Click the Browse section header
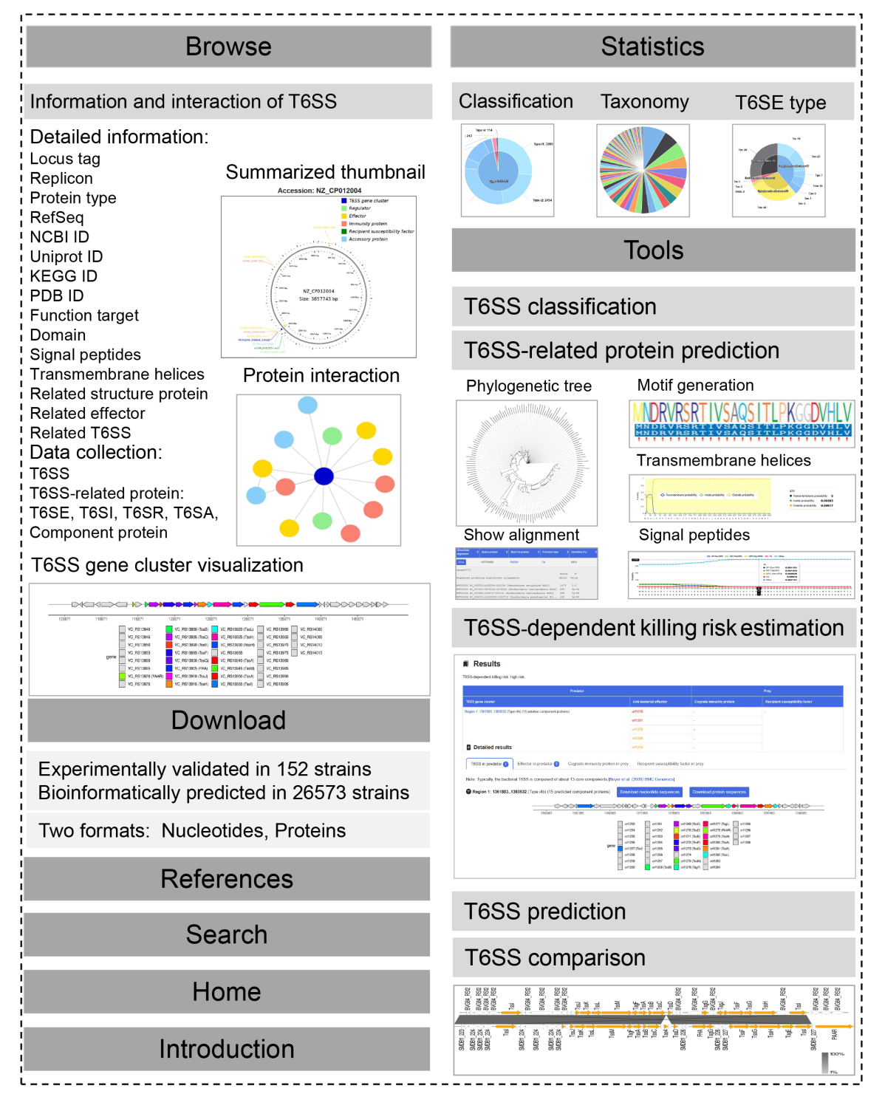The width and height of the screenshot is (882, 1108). tap(228, 47)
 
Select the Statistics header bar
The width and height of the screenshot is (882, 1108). tap(652, 47)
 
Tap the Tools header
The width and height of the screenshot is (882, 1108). tap(653, 250)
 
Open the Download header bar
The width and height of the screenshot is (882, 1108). tap(228, 720)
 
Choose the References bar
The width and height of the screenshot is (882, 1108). tap(227, 879)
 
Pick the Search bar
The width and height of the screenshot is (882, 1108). tap(227, 934)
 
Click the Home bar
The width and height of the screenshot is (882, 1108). tap(227, 991)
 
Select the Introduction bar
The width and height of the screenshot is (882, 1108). tap(227, 1049)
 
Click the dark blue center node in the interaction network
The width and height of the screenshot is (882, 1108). tap(324, 476)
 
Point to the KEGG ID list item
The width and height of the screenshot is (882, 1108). tap(64, 276)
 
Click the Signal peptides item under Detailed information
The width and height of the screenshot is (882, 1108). tap(85, 355)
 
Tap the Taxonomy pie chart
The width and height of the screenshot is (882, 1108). tap(643, 171)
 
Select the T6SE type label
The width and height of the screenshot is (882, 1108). tap(780, 103)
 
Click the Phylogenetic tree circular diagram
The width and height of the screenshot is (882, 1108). tap(526, 462)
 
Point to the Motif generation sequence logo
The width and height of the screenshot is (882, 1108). tap(742, 423)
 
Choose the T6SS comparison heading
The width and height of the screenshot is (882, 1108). tap(555, 957)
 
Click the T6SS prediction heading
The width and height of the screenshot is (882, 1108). tap(544, 912)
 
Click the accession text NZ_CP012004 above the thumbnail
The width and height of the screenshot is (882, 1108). tap(330, 191)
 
